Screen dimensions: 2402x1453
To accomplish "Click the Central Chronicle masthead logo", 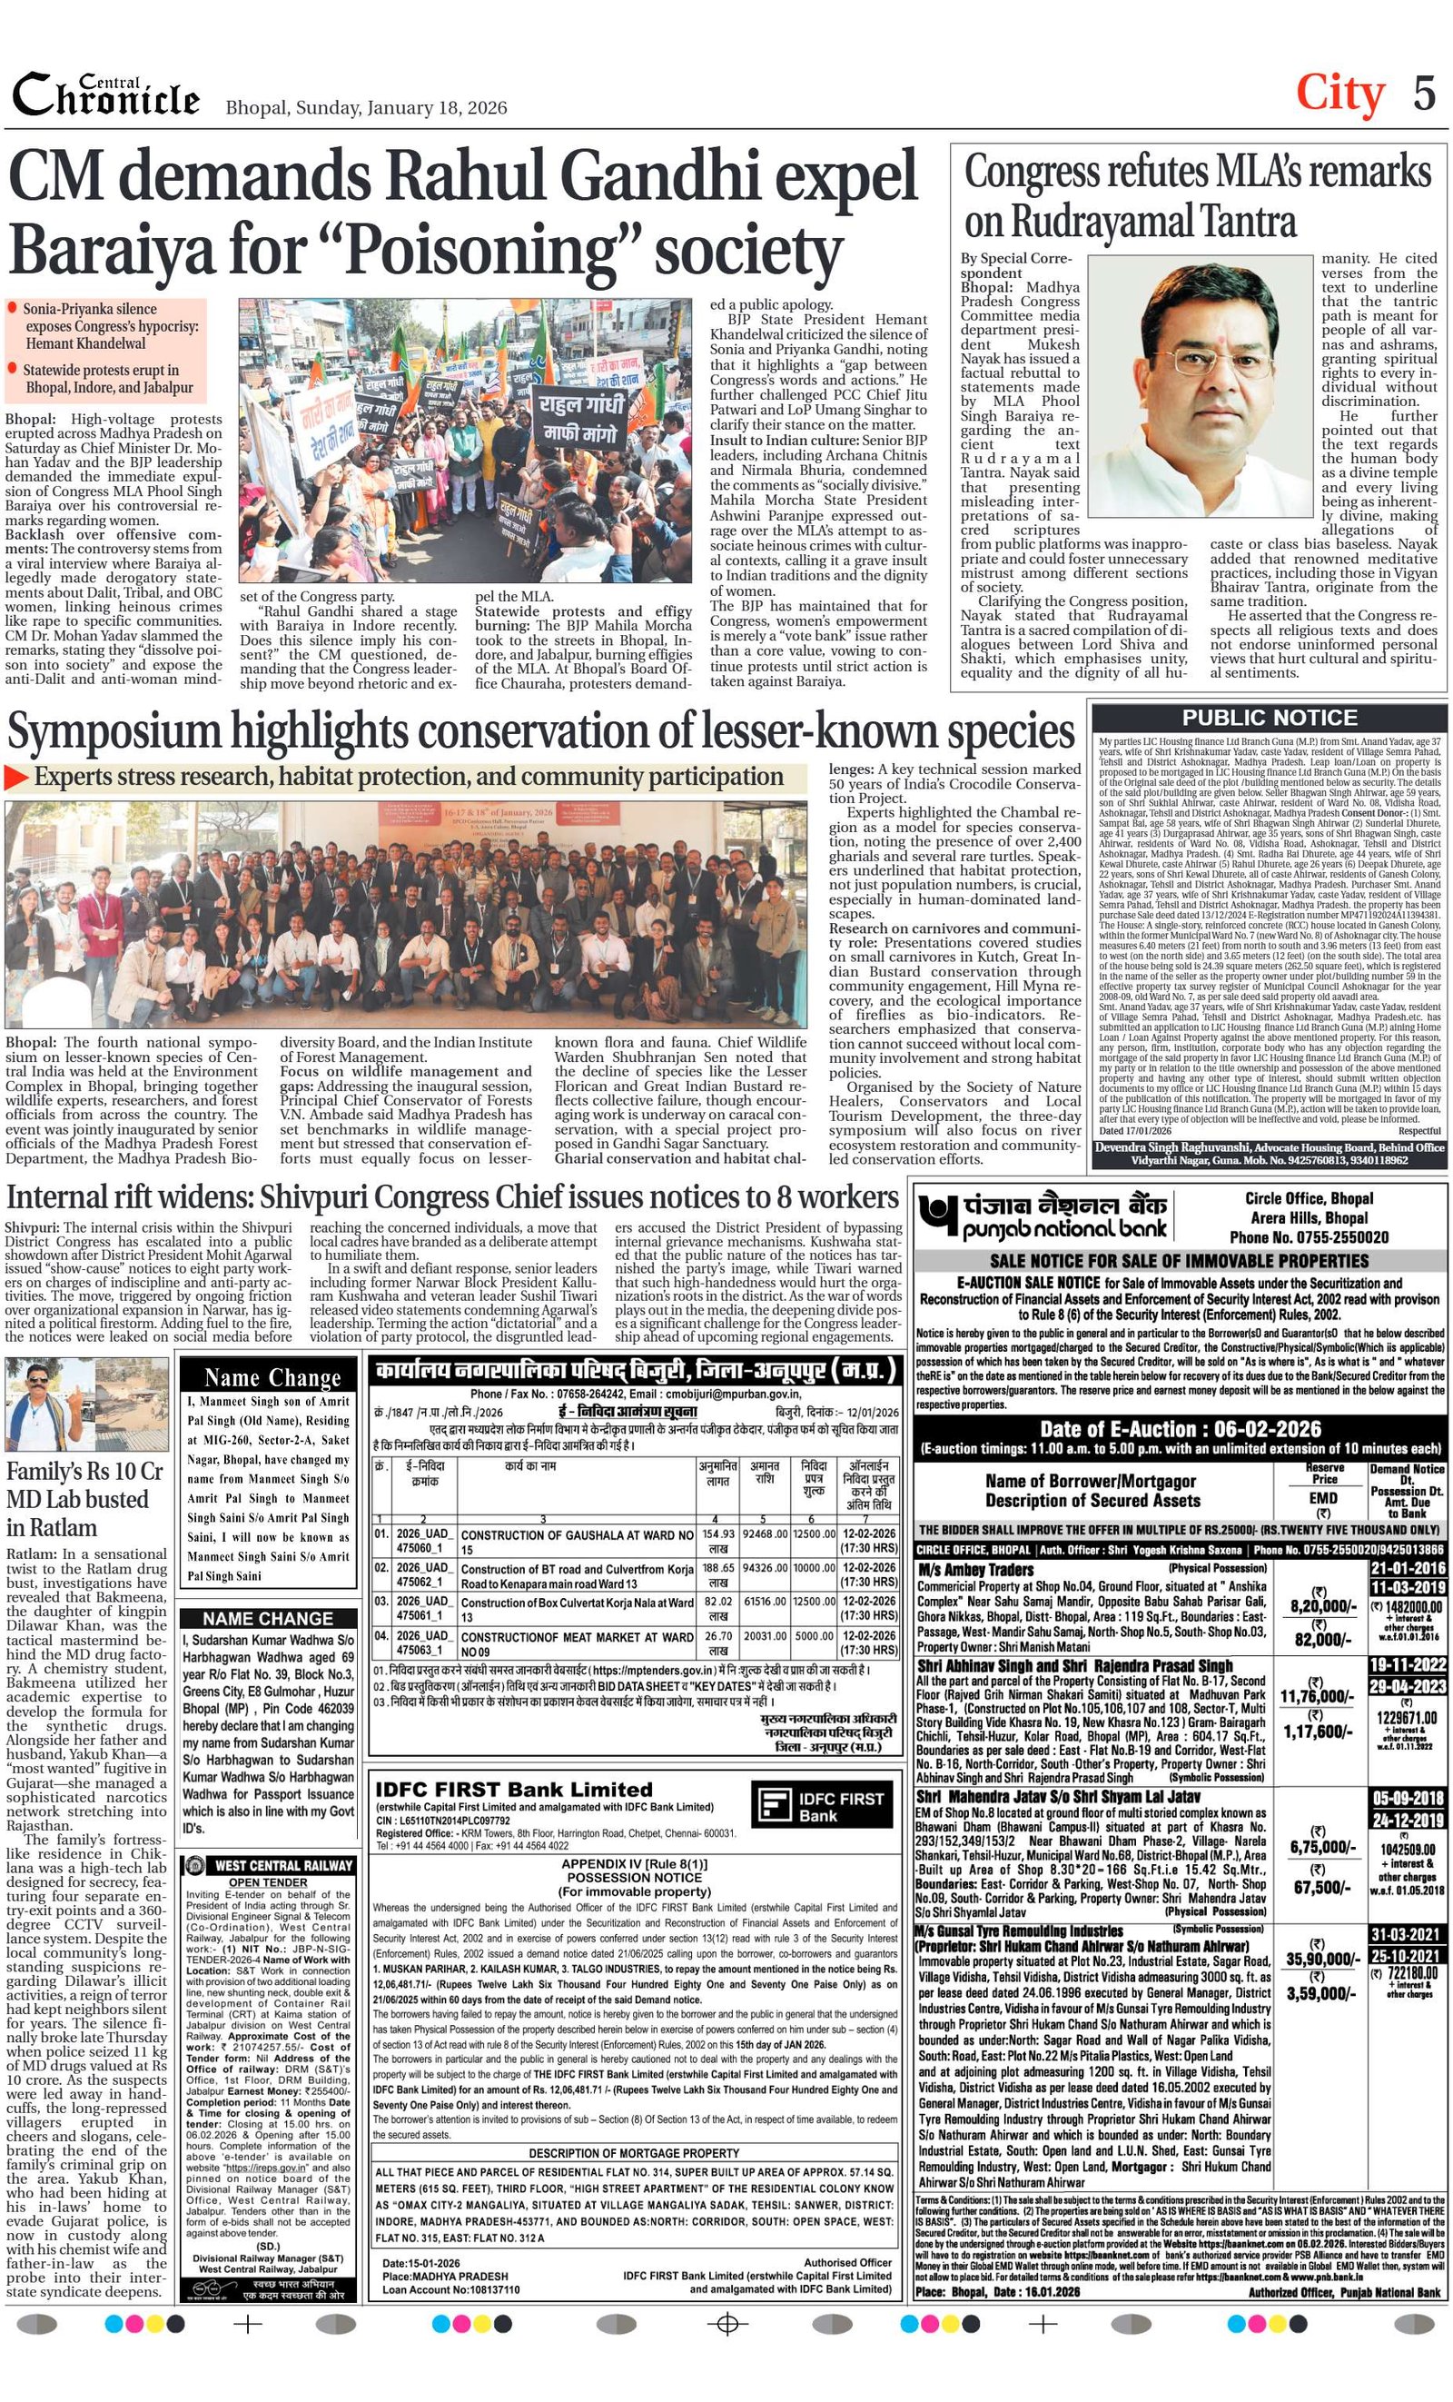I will coord(105,95).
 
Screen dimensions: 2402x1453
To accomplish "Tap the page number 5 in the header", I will coord(1424,94).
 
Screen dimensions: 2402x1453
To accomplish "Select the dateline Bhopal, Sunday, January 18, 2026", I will coord(365,107).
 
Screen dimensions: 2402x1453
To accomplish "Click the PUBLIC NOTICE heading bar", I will coord(1268,719).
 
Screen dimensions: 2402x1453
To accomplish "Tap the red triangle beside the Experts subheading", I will coord(16,777).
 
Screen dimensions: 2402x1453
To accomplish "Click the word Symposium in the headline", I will coord(111,734).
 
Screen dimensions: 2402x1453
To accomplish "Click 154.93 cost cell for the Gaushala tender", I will coord(718,1534).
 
